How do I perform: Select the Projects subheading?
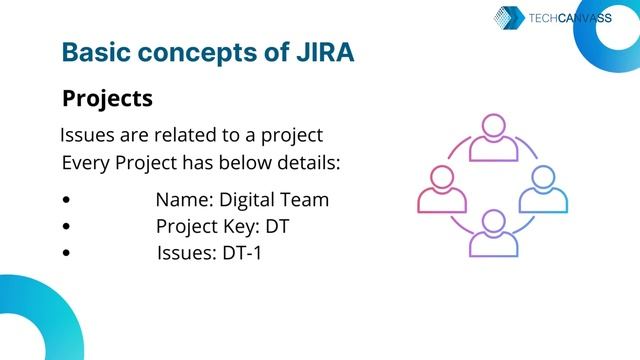pos(107,99)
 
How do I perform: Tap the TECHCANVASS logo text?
pos(569,17)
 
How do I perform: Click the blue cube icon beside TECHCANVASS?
pos(510,18)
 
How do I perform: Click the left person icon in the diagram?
pos(442,189)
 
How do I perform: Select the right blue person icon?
pos(542,189)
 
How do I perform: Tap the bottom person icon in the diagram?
pos(492,232)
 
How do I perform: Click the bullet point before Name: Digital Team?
pos(66,200)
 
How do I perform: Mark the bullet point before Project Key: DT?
pos(66,227)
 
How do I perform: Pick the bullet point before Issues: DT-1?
pos(66,253)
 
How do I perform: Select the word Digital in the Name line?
pos(250,200)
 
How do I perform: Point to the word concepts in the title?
pos(193,52)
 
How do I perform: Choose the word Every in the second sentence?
pos(83,162)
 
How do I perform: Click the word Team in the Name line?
pos(307,200)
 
